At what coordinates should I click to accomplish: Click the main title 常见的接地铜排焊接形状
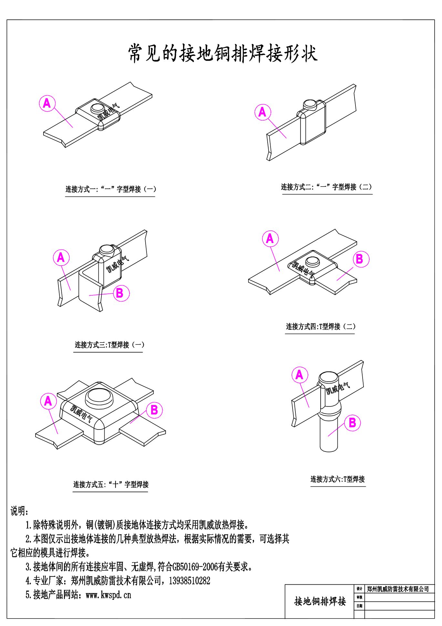(x=223, y=53)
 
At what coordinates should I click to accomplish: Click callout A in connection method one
(x=47, y=103)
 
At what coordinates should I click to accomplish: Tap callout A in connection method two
(x=262, y=112)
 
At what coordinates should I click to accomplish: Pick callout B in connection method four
(x=359, y=259)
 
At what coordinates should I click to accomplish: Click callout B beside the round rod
(x=352, y=423)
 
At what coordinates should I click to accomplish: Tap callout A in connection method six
(x=300, y=375)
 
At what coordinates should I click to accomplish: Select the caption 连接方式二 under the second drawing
(x=327, y=187)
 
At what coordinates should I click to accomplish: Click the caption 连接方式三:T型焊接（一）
(x=109, y=345)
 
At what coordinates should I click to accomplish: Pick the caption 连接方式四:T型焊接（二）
(x=320, y=326)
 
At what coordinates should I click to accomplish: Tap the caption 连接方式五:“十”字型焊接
(x=111, y=484)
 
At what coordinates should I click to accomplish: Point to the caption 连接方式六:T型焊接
(x=338, y=479)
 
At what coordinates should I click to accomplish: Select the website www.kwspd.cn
(x=108, y=595)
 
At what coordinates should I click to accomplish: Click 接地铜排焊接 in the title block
(x=320, y=601)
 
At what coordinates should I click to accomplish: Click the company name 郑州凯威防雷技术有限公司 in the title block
(x=398, y=589)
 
